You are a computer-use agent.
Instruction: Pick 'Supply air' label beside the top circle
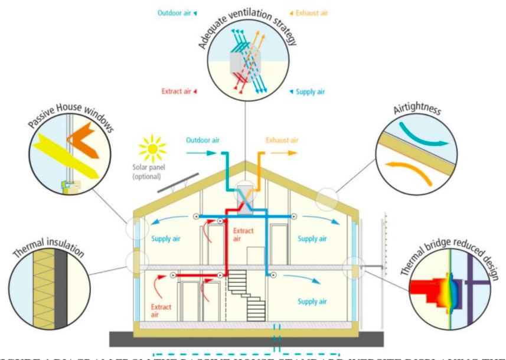[312, 91]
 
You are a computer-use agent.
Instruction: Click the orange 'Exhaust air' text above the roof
[282, 140]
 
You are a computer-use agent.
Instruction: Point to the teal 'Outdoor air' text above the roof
[203, 140]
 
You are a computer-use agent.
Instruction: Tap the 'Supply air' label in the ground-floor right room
[312, 302]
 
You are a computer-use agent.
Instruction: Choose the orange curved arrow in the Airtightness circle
[416, 171]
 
